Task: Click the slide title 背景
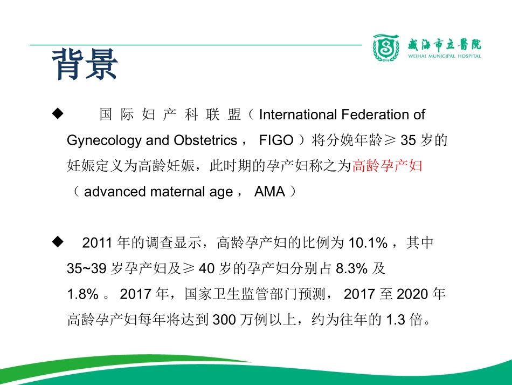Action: [85, 64]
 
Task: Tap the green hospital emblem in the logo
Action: [386, 48]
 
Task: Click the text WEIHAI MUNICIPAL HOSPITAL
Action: [445, 56]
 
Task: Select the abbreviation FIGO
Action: [276, 140]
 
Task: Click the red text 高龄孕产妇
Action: [387, 166]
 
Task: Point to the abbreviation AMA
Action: [269, 192]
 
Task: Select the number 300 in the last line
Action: [225, 320]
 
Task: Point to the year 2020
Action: [412, 294]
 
